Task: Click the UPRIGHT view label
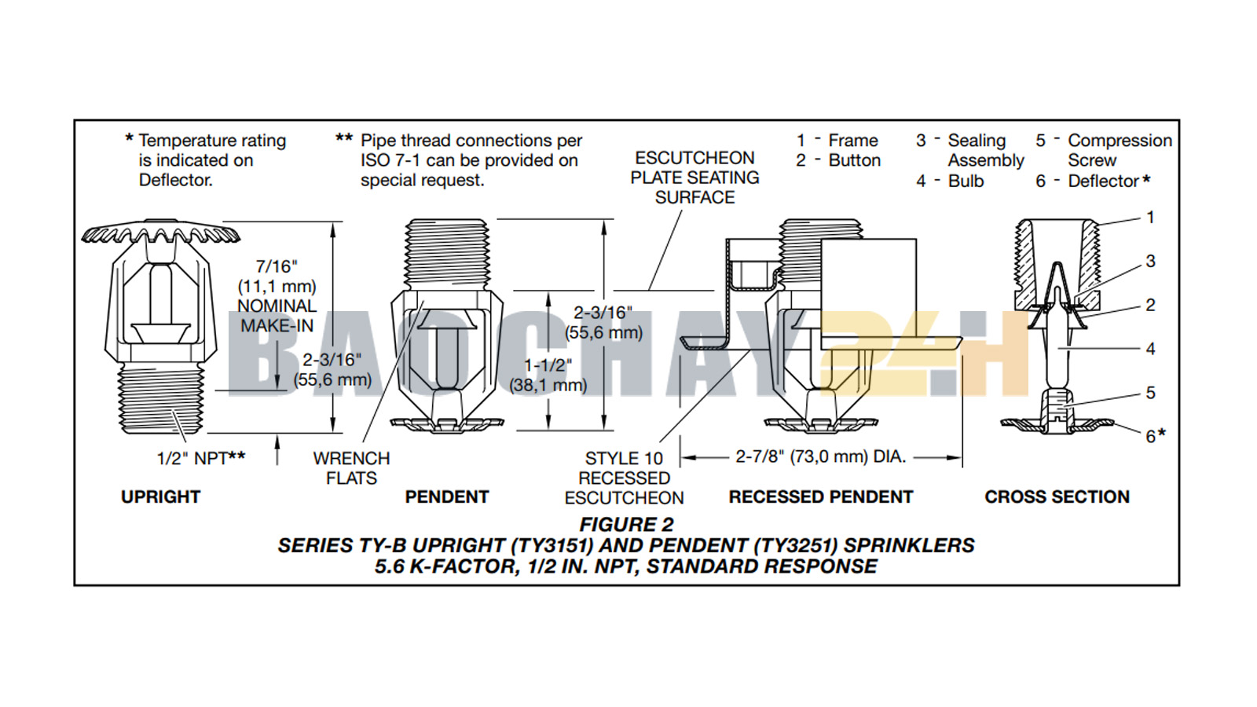[160, 496]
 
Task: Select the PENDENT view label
[446, 496]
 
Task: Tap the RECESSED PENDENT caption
[820, 496]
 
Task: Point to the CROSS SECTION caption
[1057, 496]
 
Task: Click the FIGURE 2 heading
[626, 524]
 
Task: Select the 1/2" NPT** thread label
[200, 458]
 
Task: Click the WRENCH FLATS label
[351, 468]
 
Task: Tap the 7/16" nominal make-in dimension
[277, 296]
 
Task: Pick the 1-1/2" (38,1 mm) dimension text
[548, 375]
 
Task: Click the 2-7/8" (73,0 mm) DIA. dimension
[820, 456]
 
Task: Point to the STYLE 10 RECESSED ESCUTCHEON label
[624, 478]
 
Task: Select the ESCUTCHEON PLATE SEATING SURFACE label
[694, 178]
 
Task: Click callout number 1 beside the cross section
[1150, 217]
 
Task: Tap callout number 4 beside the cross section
[1150, 348]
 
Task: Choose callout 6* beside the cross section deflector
[1154, 435]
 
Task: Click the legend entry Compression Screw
[1119, 150]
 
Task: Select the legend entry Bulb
[966, 181]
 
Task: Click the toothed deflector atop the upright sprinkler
[160, 233]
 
